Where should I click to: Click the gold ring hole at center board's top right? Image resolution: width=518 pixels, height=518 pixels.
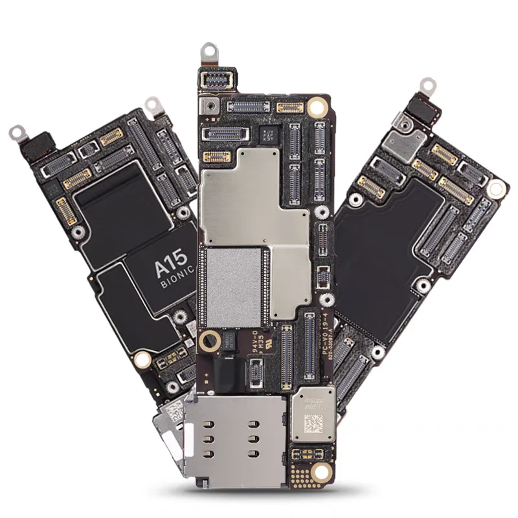(317, 106)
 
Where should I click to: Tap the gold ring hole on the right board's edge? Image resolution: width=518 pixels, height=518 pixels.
(495, 189)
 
